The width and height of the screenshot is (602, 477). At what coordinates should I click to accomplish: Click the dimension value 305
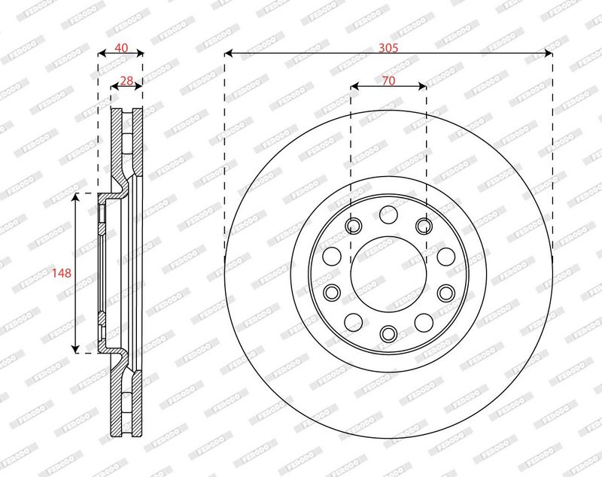(388, 48)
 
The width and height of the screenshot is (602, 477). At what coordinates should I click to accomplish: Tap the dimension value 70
(388, 81)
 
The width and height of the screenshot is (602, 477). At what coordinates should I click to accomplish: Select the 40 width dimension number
(121, 48)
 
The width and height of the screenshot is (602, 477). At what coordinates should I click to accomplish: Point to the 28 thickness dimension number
(126, 81)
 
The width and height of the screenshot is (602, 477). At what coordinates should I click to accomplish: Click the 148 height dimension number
(62, 273)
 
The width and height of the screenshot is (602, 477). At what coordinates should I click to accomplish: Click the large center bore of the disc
(388, 274)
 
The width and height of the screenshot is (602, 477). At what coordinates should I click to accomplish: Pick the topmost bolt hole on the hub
(388, 214)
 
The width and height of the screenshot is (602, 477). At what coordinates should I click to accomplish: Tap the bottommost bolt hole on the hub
(388, 333)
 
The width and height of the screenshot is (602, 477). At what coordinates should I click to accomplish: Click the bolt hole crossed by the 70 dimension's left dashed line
(353, 226)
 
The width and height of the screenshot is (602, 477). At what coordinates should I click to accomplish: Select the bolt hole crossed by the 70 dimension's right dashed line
(424, 226)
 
